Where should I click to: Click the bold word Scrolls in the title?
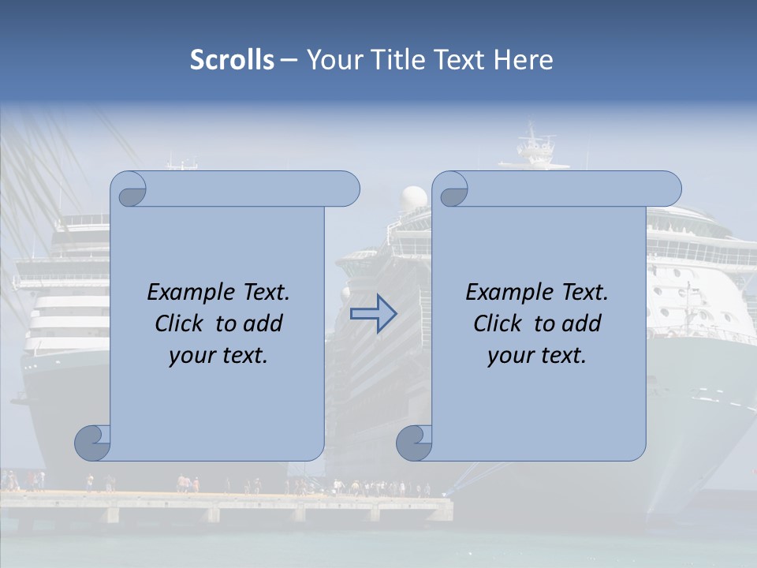pyautogui.click(x=232, y=60)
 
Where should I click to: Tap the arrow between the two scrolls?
pyautogui.click(x=373, y=314)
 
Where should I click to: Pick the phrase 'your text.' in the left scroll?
pyautogui.click(x=218, y=355)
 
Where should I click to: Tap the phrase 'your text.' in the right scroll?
pyautogui.click(x=537, y=355)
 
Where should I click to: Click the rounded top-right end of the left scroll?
pyautogui.click(x=347, y=189)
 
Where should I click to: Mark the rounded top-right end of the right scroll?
pyautogui.click(x=669, y=189)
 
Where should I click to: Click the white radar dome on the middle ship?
pyautogui.click(x=413, y=198)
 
